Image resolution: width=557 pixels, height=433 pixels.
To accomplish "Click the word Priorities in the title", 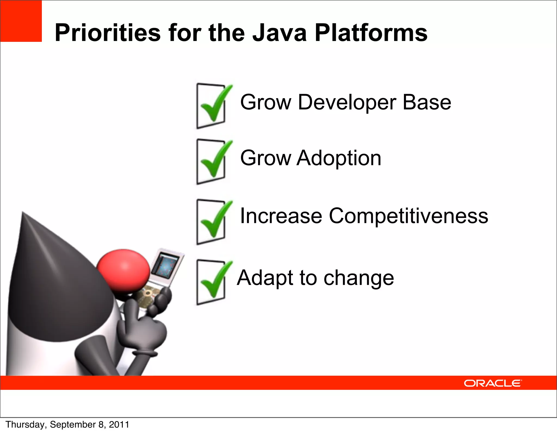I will coord(107,33).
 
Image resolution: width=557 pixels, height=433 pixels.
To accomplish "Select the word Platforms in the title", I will coord(371,33).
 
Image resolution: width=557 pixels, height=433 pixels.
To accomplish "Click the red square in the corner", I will coord(21,21).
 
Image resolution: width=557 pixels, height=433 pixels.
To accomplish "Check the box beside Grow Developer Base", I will coord(211,106).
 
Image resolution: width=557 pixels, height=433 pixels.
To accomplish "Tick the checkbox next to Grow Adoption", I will coord(211,162).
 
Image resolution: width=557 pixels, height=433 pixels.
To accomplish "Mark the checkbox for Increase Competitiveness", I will coord(211,222).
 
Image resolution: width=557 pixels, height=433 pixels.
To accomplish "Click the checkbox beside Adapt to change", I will coord(211,282).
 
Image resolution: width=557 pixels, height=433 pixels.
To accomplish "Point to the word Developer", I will coord(347,103).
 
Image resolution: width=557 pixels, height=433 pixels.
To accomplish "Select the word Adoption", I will coord(339,158).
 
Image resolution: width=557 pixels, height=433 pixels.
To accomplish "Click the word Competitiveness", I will coord(409,216).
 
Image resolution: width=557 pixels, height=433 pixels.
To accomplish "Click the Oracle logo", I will coord(493,383).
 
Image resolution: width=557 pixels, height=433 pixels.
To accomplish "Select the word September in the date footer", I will coord(73,425).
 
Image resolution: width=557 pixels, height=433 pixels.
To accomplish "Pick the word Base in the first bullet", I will coord(427,102).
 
